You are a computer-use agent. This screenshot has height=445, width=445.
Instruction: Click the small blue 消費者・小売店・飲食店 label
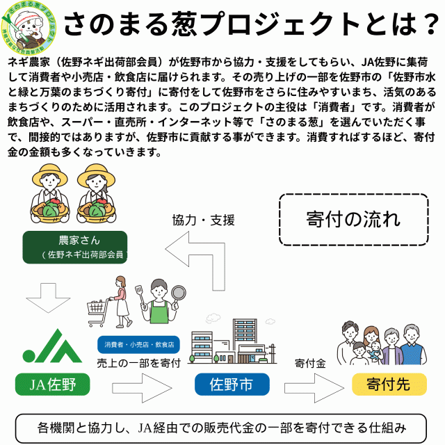point(138,344)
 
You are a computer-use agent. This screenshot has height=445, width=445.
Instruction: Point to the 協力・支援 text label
point(203,220)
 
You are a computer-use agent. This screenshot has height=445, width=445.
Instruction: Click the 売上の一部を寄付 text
point(138,362)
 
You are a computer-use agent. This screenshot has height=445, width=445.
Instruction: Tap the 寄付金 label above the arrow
point(310,363)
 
